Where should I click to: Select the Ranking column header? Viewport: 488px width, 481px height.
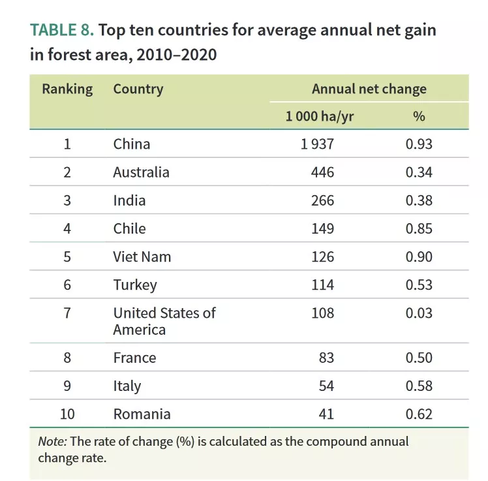coord(67,89)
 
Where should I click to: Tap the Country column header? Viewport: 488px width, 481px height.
coord(138,89)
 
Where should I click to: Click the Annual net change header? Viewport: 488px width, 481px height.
coord(369,89)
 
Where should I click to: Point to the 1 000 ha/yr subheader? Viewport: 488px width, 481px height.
coord(320,116)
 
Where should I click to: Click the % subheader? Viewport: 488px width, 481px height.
coord(419,116)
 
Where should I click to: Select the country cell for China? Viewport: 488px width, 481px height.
coord(132,144)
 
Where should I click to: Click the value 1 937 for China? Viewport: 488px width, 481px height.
coord(317,144)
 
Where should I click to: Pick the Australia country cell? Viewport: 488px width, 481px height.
coord(141,172)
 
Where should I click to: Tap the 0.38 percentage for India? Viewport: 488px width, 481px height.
coord(419,200)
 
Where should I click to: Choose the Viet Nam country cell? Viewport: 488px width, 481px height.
coord(142,256)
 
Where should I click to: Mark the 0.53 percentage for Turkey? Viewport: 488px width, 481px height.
coord(419,285)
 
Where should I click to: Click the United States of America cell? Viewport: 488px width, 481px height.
coord(164,320)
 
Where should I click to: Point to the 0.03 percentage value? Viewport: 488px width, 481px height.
coord(419,313)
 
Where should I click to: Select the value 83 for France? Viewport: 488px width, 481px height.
coord(327,358)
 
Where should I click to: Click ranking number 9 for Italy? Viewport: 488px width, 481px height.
coord(67,386)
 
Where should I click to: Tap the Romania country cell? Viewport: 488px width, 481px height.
coord(142,414)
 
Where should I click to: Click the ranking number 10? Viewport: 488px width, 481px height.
coord(67,414)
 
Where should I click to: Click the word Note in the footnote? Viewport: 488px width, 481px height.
coord(52,441)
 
